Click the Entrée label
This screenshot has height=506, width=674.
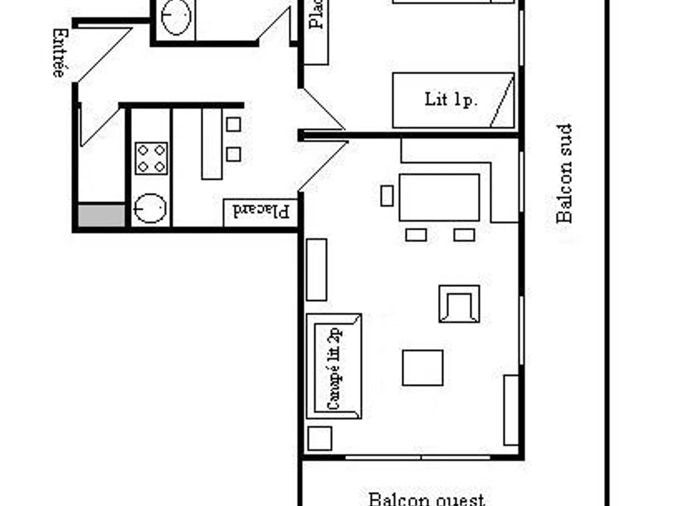point(59,53)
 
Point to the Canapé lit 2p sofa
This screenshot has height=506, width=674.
point(334,367)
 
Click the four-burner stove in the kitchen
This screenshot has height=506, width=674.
point(151,159)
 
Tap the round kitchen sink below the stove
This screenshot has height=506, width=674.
point(151,208)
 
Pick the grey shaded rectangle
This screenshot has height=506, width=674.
point(101,216)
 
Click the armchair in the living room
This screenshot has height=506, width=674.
point(459,304)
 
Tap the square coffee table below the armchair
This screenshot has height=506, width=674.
point(422,368)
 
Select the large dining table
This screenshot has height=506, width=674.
point(439,197)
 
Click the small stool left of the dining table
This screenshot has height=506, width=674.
point(386,196)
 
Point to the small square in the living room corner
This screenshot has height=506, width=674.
point(320,439)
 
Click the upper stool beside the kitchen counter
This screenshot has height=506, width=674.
point(234,124)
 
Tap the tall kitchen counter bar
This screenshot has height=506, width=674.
point(212,144)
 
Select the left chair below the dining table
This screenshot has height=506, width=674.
point(416,235)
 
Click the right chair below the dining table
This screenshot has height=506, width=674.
point(464,235)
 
